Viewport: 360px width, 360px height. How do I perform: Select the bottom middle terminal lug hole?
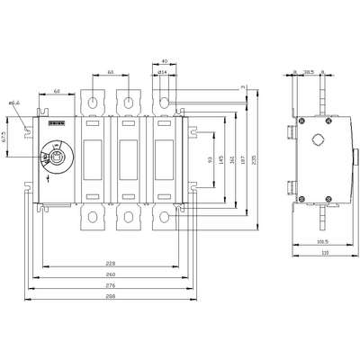pos(127,218)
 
